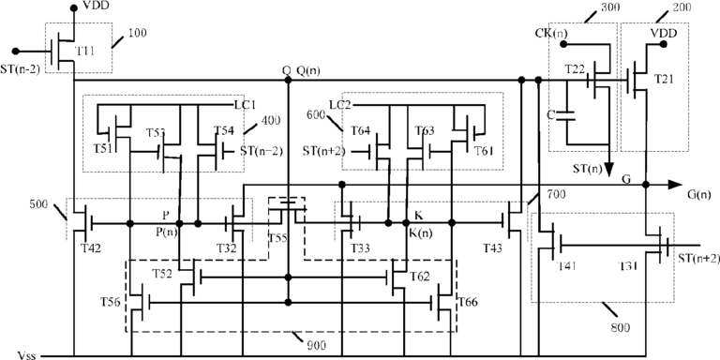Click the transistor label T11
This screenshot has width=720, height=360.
click(x=85, y=50)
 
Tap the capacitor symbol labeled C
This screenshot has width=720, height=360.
click(x=566, y=114)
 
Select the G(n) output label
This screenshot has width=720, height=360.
click(x=698, y=194)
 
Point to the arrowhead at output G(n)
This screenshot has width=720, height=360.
click(x=675, y=185)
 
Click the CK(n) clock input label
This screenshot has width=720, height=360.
click(x=551, y=33)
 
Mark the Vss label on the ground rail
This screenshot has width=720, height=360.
click(x=26, y=356)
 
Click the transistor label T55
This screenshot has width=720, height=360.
click(x=277, y=238)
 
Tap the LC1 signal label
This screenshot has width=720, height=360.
click(x=245, y=105)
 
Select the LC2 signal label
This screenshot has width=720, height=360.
click(x=339, y=105)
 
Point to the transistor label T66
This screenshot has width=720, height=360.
click(x=468, y=302)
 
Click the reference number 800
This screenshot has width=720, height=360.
click(x=620, y=328)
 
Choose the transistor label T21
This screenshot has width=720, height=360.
click(x=663, y=79)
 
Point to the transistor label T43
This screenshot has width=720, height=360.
click(x=493, y=247)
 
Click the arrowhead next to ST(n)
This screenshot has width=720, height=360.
click(x=608, y=170)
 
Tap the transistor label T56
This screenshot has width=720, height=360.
click(x=111, y=302)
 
